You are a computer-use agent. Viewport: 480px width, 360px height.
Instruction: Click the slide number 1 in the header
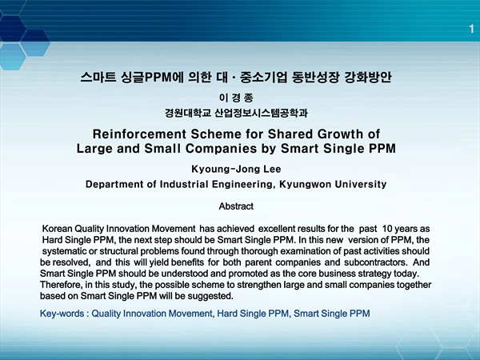coord(471,29)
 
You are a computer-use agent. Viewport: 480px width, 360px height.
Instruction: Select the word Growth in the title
coord(339,134)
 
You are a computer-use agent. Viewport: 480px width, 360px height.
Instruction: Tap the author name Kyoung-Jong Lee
coord(236,169)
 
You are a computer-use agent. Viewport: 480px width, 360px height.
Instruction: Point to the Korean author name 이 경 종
coord(236,98)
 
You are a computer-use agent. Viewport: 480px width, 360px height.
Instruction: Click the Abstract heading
coord(236,206)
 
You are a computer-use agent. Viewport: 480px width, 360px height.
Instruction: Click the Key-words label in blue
coord(62,314)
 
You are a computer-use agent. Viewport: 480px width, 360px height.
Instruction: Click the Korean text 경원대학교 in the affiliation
coord(188,113)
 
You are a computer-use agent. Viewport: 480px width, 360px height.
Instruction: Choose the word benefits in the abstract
coord(187,262)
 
